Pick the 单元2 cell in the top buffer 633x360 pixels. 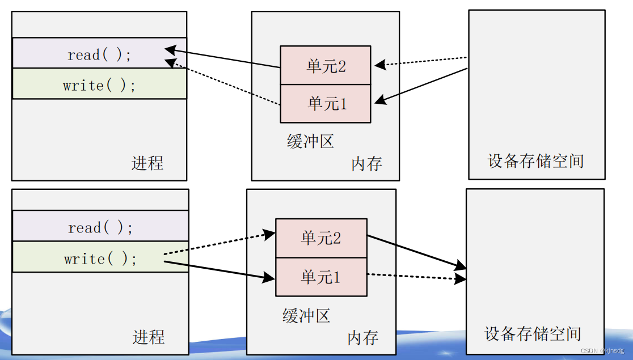[326, 66]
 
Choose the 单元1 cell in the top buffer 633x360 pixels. [326, 103]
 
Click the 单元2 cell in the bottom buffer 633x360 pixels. [320, 238]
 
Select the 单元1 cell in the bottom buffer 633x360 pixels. [320, 277]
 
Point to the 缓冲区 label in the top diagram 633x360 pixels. [310, 141]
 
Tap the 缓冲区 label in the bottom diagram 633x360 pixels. [306, 315]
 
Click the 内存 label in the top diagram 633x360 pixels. [366, 164]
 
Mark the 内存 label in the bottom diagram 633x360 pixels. [362, 338]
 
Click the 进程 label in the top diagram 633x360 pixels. [147, 163]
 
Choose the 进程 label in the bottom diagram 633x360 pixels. [149, 337]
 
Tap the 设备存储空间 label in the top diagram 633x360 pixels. [535, 161]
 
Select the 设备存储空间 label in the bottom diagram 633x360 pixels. [533, 333]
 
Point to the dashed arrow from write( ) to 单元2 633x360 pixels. [216, 244]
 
